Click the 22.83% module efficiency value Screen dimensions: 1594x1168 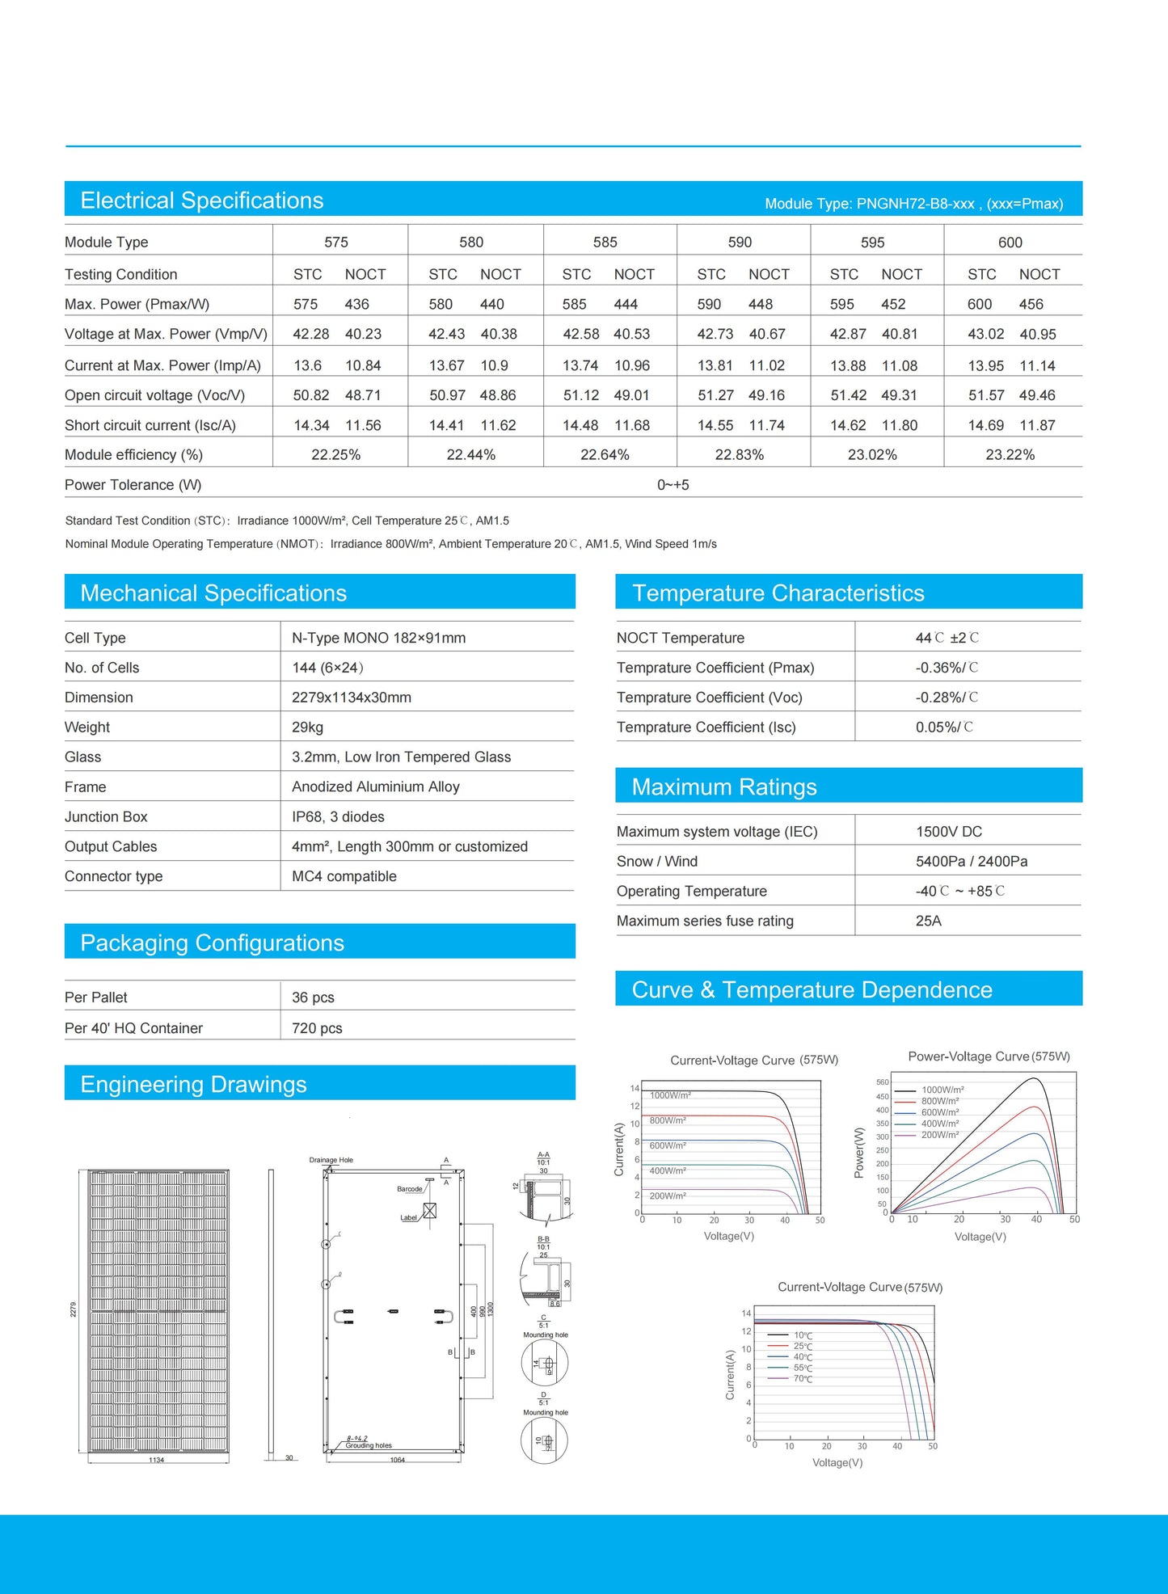click(x=739, y=455)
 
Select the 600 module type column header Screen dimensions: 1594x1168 click(x=1010, y=242)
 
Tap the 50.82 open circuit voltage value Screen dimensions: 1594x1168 click(x=311, y=395)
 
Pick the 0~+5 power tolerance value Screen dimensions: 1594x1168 click(x=673, y=485)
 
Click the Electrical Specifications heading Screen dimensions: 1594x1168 click(x=202, y=200)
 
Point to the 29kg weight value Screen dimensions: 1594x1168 click(x=307, y=727)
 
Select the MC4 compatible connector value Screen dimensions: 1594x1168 click(x=344, y=876)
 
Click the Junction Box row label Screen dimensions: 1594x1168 click(x=106, y=817)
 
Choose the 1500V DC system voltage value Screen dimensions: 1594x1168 click(x=949, y=832)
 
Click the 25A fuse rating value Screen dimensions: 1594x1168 click(x=928, y=921)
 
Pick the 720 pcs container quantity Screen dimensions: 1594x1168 click(x=317, y=1028)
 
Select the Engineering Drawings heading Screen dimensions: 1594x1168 click(x=193, y=1085)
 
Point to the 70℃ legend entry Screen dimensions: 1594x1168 click(x=803, y=1379)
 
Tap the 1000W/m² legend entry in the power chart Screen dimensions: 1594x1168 click(x=942, y=1090)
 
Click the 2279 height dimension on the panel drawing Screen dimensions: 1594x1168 click(x=73, y=1309)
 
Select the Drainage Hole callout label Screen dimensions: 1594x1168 click(x=331, y=1160)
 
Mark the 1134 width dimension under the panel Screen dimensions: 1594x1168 click(x=157, y=1460)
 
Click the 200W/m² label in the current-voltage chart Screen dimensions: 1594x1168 click(x=668, y=1195)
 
